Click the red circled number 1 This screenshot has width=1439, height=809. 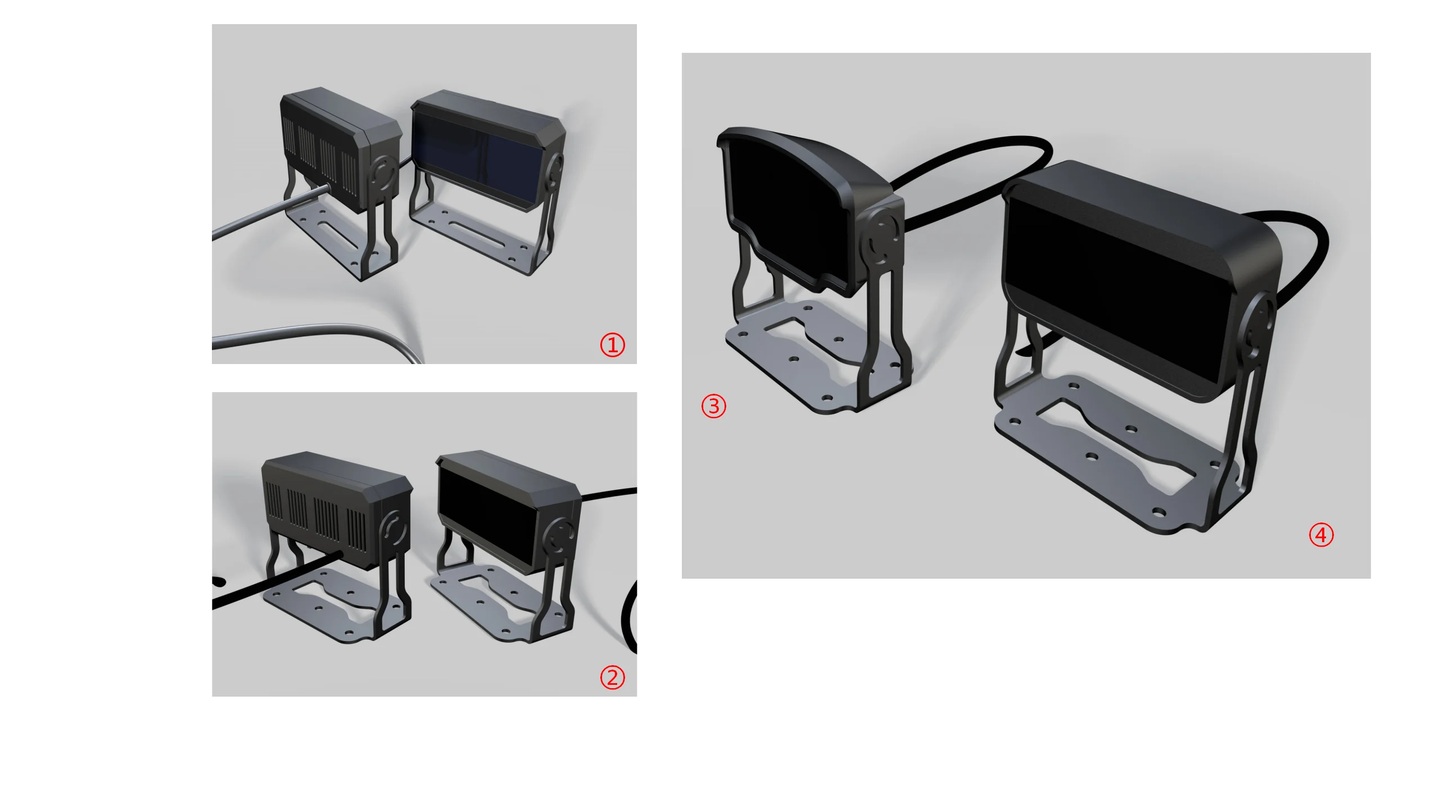click(612, 344)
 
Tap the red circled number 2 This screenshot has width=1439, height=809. click(612, 677)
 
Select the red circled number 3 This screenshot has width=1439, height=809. click(713, 406)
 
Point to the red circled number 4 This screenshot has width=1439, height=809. click(1321, 534)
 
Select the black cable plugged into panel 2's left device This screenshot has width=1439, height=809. click(270, 584)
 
